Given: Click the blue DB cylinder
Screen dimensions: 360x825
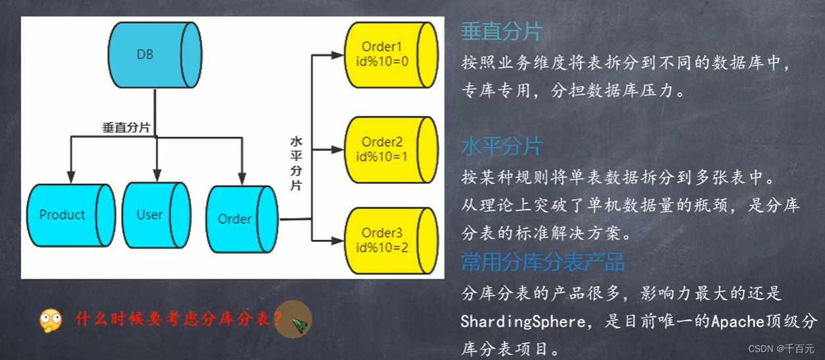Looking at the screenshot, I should click(154, 55).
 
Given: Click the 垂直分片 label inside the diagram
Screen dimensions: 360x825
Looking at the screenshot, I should click(127, 128).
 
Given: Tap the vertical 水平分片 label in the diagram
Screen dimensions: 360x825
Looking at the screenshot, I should click(296, 164).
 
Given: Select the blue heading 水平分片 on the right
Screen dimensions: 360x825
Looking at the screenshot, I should click(501, 146).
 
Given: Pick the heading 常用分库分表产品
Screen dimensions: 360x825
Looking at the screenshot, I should click(542, 262).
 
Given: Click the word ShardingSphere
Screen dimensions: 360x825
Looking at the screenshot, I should click(523, 321).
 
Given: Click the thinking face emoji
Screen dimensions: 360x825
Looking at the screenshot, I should click(51, 320).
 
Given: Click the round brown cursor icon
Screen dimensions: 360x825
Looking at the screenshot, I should click(293, 321).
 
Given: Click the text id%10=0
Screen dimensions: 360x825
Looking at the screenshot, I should click(382, 61).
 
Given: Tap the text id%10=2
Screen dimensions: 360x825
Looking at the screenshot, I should click(382, 247).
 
